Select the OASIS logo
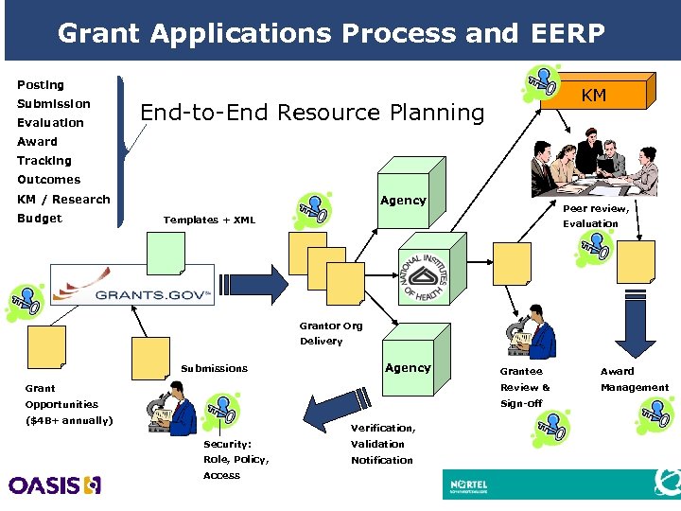click(x=55, y=485)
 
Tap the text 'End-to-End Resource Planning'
click(x=311, y=113)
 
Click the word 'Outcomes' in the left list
click(x=48, y=180)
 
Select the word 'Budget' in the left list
click(x=40, y=219)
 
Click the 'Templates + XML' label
click(x=209, y=220)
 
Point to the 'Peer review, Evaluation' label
click(x=595, y=216)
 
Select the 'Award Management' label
click(x=634, y=379)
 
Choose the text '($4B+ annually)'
click(x=69, y=420)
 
